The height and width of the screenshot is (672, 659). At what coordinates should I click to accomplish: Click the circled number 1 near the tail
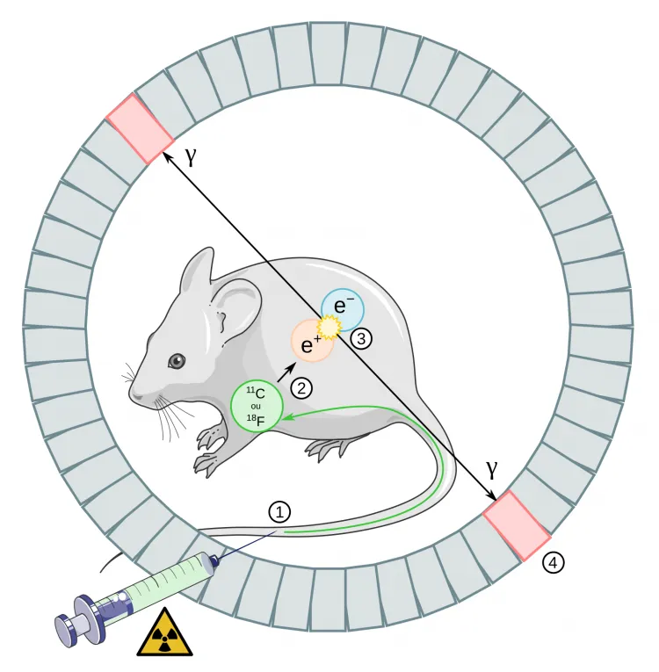279,512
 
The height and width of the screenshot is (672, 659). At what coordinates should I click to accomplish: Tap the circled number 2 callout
302,386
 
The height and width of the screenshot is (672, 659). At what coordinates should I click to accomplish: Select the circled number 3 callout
361,336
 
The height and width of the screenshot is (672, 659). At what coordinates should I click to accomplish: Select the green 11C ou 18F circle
257,408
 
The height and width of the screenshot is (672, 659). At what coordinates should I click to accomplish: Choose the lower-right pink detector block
518,525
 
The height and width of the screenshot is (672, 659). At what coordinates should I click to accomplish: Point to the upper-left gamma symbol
191,155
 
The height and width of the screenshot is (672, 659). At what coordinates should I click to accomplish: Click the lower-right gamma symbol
493,469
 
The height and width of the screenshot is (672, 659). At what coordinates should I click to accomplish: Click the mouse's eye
177,360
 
